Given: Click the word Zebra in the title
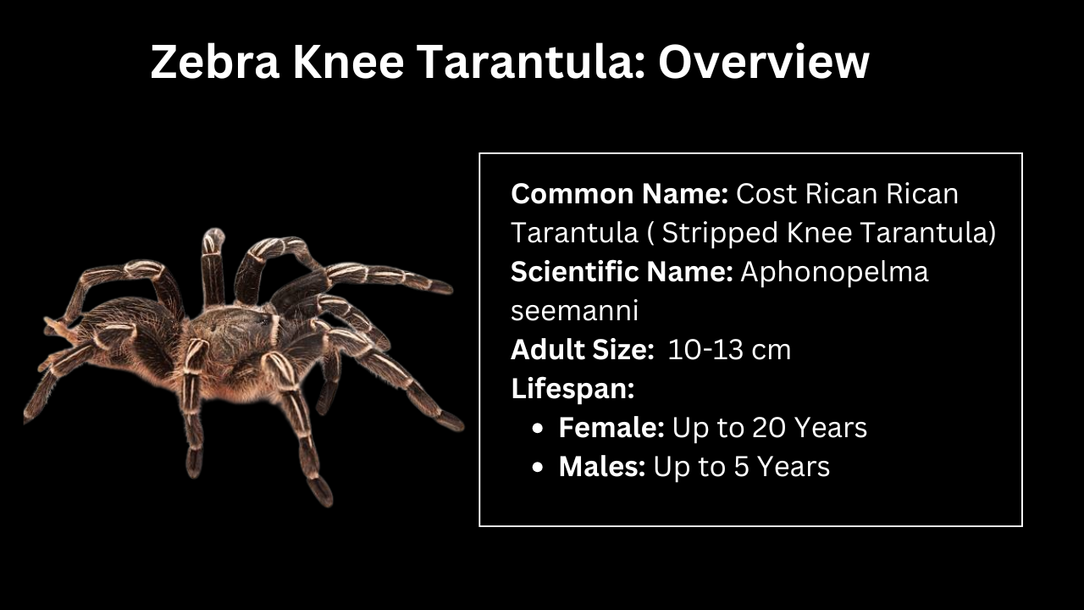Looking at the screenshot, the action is pos(215,62).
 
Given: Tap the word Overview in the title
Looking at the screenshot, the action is pos(764,62).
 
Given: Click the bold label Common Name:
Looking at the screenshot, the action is pos(619,194).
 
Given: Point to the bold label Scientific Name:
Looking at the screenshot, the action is pos(622,272).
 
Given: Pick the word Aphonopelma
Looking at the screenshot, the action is pos(835,273).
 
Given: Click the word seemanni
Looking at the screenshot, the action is pos(574,311).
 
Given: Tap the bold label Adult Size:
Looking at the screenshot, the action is pos(582,350).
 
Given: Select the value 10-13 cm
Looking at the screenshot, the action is pos(729,350).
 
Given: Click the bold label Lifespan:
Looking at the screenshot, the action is pos(572,389).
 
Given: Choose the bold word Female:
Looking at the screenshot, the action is pos(611,428).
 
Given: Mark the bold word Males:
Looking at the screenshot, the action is pos(602,467).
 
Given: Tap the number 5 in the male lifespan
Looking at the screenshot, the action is pos(742,467).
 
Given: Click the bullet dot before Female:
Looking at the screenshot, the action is pos(537,429).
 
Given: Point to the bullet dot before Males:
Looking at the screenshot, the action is pos(537,468).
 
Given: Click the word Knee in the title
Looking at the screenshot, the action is pos(348,62).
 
